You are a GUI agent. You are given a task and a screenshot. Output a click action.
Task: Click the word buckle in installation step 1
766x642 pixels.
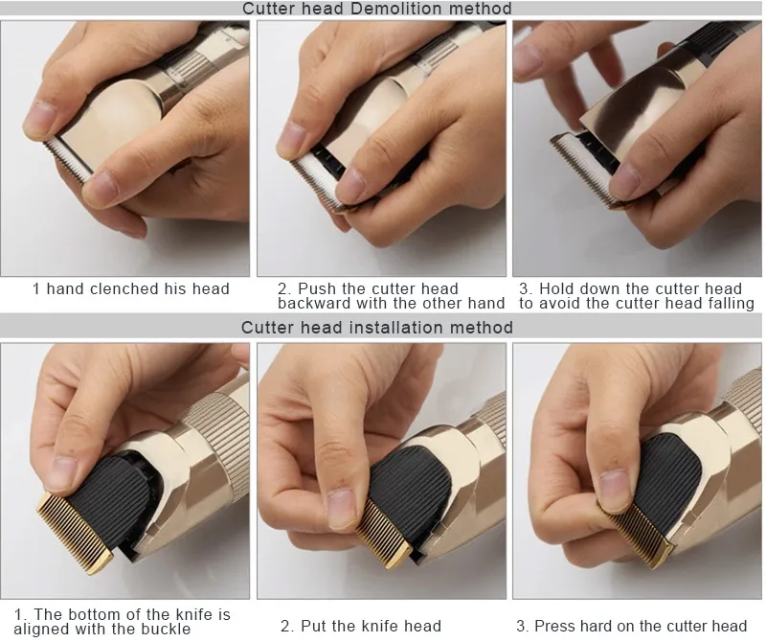pyautogui.click(x=166, y=629)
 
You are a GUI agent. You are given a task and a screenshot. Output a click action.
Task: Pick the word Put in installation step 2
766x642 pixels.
pyautogui.click(x=313, y=626)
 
